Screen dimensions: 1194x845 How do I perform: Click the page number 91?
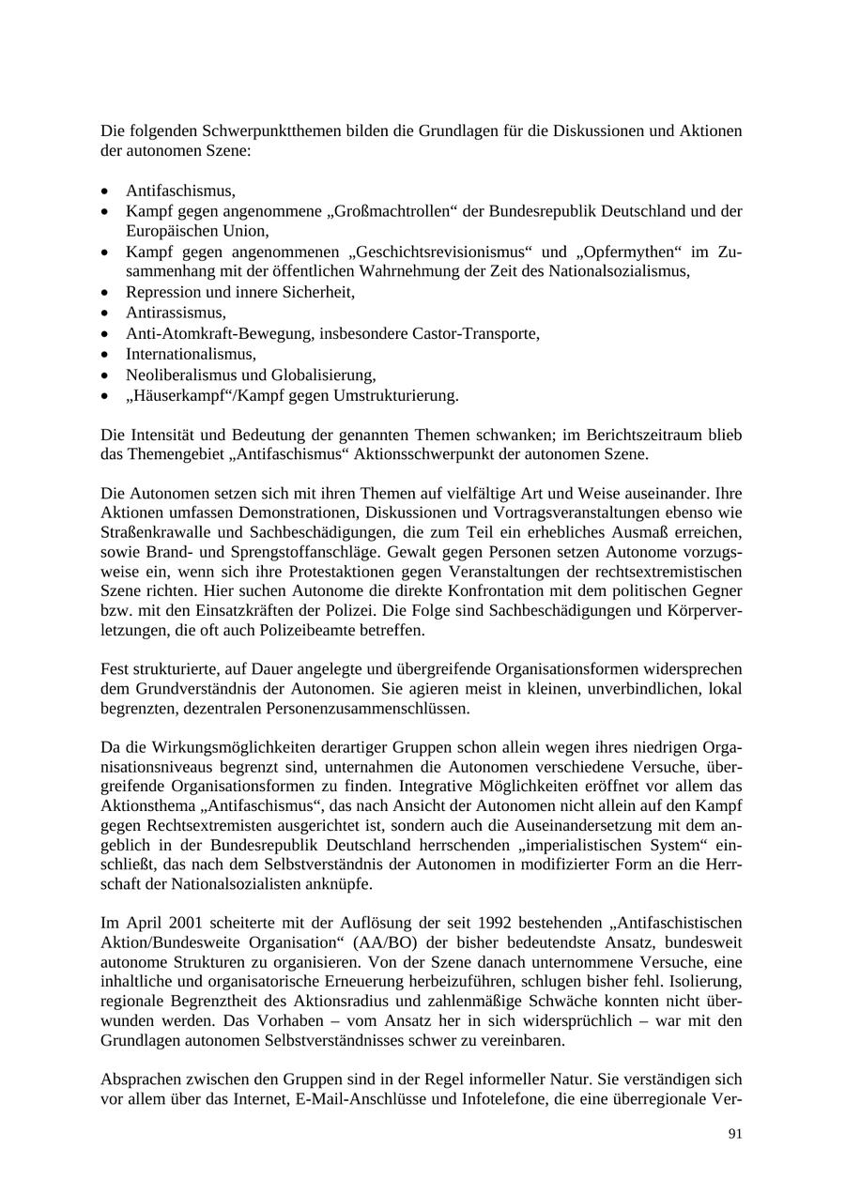(735, 1134)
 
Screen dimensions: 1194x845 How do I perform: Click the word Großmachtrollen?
(392, 211)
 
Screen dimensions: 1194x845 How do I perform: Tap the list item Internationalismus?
(191, 354)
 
